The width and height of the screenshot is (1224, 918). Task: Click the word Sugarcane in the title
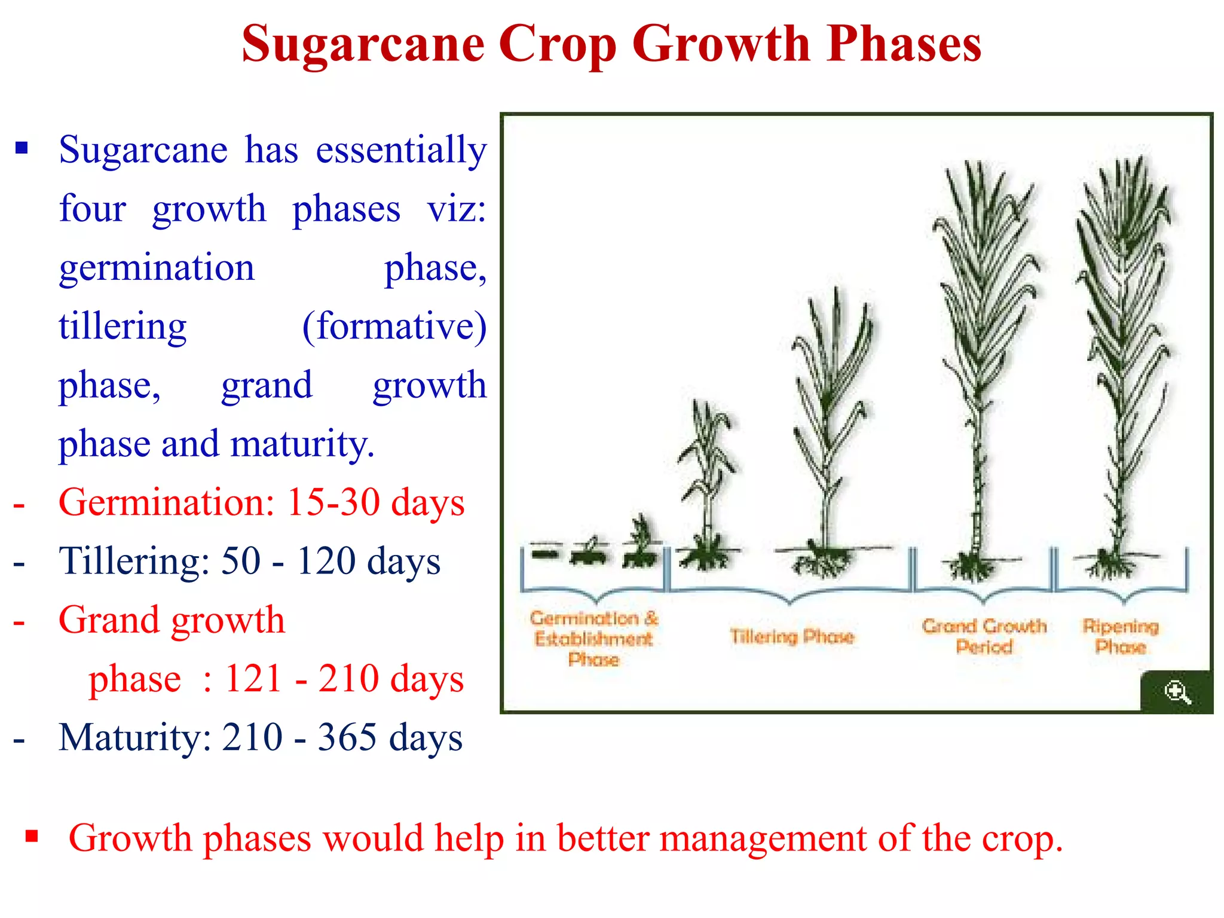[363, 45]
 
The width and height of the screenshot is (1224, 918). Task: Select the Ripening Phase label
[1120, 636]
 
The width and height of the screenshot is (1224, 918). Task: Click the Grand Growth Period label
[984, 636]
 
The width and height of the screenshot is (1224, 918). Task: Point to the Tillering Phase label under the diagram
[791, 636]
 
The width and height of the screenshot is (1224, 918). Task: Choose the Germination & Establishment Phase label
[593, 638]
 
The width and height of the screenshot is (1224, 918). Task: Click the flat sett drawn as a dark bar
[544, 554]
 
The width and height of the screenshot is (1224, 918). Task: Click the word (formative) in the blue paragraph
[394, 327]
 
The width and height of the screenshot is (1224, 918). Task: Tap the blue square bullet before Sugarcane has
[22, 148]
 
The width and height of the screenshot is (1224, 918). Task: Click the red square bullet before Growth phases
[32, 835]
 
